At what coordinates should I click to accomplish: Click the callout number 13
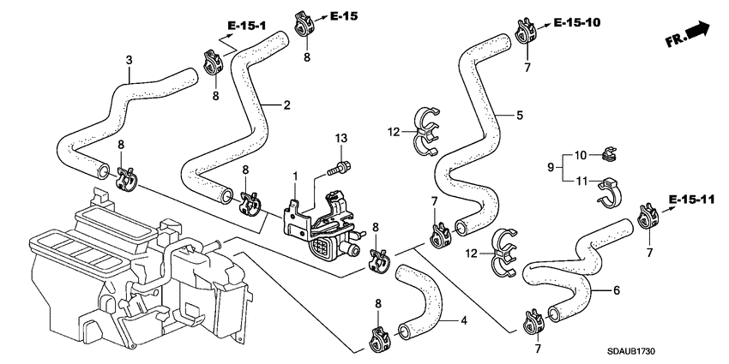tap(341, 139)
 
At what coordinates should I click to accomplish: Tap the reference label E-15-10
tap(575, 21)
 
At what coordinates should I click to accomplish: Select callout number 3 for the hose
tap(129, 60)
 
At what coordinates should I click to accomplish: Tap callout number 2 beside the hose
tap(287, 105)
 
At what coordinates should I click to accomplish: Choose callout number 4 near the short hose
tap(463, 322)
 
